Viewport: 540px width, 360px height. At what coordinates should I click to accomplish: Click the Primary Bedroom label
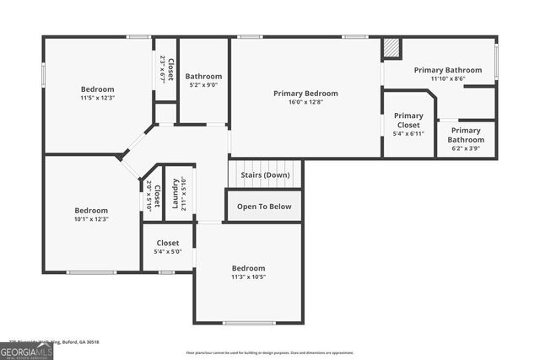tap(305, 93)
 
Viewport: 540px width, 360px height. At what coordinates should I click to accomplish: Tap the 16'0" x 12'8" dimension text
tap(305, 102)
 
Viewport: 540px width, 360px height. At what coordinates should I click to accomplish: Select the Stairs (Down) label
tap(264, 175)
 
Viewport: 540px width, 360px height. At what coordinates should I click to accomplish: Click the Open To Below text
tap(264, 206)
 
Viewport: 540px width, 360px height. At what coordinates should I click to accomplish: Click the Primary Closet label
tap(409, 121)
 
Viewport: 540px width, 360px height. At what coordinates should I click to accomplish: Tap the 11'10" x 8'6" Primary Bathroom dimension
tap(447, 78)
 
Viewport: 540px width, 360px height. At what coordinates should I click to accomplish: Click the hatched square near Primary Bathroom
tap(391, 48)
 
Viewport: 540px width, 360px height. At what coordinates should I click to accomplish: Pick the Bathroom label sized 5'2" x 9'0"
tap(203, 76)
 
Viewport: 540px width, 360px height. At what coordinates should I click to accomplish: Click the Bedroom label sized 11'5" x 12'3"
tap(97, 89)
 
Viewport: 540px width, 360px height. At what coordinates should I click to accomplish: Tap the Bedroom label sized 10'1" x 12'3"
tap(90, 210)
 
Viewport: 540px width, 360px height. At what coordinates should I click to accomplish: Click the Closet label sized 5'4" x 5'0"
tap(168, 243)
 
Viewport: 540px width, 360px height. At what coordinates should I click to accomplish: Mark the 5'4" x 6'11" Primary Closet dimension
tap(409, 133)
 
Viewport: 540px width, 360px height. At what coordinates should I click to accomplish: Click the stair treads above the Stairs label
tap(264, 164)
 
